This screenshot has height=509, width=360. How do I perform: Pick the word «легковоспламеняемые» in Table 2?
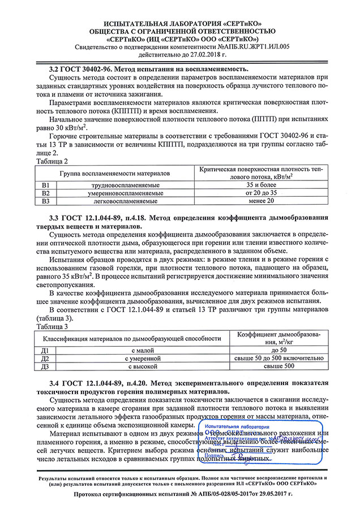pos(125,201)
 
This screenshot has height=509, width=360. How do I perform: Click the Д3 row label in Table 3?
pos(46,366)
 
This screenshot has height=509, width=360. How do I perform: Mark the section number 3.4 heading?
pos(55,383)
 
